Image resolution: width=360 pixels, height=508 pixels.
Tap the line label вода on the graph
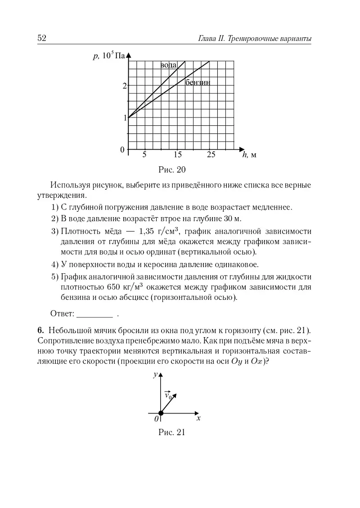169,65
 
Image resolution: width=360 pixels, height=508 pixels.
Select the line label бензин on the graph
198,82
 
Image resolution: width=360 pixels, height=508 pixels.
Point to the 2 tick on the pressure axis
124,86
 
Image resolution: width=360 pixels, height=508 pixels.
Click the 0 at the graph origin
122,150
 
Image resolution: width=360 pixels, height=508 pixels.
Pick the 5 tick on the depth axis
144,155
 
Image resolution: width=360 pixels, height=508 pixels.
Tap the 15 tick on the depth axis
178,155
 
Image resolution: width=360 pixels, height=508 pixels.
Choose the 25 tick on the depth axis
211,155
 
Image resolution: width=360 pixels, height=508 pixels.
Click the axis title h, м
249,155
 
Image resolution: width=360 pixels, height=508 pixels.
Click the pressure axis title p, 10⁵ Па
108,56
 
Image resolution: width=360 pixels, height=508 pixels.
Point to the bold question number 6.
40,330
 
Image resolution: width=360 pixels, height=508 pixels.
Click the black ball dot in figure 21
161,413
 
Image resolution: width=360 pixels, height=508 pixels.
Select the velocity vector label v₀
168,395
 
